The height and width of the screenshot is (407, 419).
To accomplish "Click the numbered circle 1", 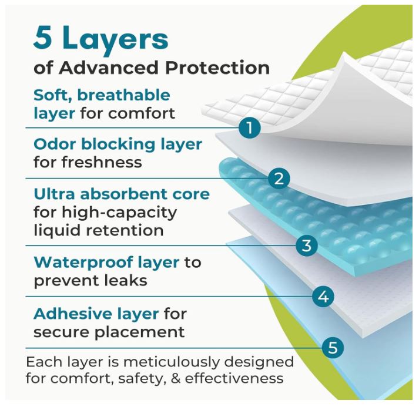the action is [x=249, y=127].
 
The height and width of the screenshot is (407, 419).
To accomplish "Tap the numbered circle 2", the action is [x=279, y=178].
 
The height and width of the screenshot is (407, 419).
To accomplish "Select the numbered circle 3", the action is [x=307, y=245].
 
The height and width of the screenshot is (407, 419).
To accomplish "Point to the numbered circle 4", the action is [x=323, y=296].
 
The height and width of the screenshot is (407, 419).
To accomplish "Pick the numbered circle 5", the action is [x=333, y=348].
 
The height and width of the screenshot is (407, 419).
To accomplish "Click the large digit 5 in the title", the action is [x=43, y=38].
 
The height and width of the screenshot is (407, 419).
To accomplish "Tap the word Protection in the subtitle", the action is [x=217, y=68].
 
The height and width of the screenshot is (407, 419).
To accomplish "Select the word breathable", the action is [x=124, y=95].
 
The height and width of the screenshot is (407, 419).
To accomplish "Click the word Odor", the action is [x=55, y=144].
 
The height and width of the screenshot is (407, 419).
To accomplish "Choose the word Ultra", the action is [x=54, y=194].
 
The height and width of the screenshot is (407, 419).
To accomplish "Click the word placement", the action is [x=139, y=333].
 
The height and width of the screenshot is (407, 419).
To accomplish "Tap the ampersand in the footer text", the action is [x=175, y=379].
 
